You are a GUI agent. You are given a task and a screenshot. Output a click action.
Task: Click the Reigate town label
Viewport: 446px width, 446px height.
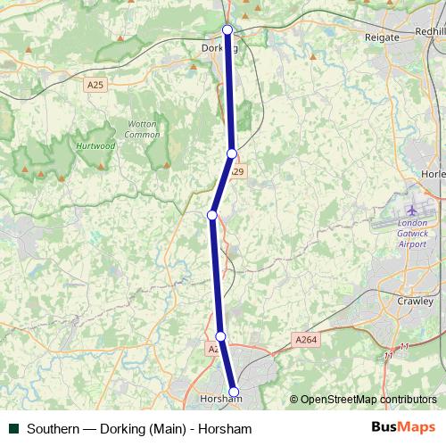pyautogui.click(x=383, y=37)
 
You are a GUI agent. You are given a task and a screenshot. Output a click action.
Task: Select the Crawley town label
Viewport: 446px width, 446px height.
pyautogui.click(x=414, y=301)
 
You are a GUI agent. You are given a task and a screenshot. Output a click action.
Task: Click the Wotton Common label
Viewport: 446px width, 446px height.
pyautogui.click(x=142, y=129)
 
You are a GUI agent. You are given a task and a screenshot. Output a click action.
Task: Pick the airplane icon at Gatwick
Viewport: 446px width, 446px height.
pyautogui.click(x=411, y=211)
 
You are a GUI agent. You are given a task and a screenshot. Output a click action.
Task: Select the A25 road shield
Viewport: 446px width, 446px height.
pyautogui.click(x=95, y=85)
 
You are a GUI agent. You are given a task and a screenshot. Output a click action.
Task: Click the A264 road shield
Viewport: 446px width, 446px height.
pyautogui.click(x=305, y=339)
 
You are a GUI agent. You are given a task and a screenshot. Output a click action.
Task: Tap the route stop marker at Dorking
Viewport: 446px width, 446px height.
pyautogui.click(x=227, y=30)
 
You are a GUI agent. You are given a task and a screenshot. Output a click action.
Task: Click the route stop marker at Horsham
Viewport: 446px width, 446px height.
pyautogui.click(x=235, y=392)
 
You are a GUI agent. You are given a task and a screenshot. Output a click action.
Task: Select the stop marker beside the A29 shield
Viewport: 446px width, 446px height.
pyautogui.click(x=232, y=153)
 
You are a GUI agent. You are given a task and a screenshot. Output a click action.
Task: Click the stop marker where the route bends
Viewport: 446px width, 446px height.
pyautogui.click(x=212, y=215)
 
